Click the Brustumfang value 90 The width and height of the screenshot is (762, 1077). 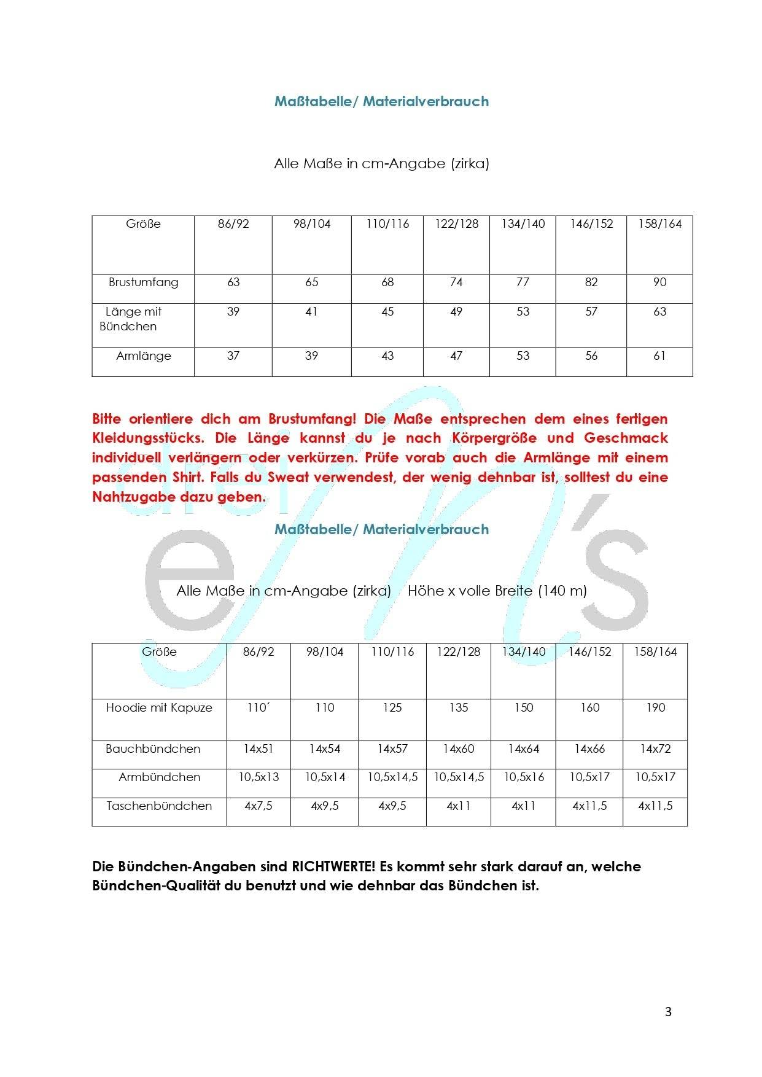tap(659, 282)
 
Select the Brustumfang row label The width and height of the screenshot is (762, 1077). tap(143, 282)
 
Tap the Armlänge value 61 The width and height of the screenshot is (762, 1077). tap(659, 356)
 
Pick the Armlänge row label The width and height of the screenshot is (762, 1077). tap(143, 356)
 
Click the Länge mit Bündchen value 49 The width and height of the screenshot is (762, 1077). tap(456, 312)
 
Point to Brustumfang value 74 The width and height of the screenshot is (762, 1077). tap(456, 282)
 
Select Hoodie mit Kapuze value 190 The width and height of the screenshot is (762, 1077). tap(655, 708)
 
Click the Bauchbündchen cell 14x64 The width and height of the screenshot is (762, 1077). tap(523, 749)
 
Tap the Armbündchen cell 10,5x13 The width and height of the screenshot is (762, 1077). tap(259, 777)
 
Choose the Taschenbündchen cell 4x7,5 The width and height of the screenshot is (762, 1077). tap(259, 806)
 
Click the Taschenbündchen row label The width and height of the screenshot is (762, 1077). tap(159, 806)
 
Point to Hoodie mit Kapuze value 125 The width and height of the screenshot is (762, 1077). tap(392, 708)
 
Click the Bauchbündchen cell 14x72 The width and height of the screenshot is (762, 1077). tap(655, 749)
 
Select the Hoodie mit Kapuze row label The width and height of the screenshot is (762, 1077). tap(159, 708)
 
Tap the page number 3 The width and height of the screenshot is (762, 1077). tap(668, 1012)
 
